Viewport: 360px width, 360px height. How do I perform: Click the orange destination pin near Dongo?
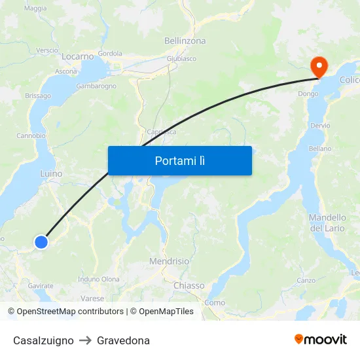pyautogui.click(x=319, y=66)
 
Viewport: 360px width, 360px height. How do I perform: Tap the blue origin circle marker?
pyautogui.click(x=41, y=242)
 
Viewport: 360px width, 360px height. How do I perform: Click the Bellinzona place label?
pyautogui.click(x=185, y=41)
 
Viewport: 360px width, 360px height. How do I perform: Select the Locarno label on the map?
pyautogui.click(x=78, y=56)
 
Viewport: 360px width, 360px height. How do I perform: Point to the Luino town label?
pyautogui.click(x=51, y=173)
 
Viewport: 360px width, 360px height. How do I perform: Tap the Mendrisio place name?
pyautogui.click(x=170, y=261)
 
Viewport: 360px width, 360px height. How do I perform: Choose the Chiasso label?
pyautogui.click(x=189, y=285)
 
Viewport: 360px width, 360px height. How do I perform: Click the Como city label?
pyautogui.click(x=215, y=302)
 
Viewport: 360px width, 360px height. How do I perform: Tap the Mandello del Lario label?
pyautogui.click(x=327, y=223)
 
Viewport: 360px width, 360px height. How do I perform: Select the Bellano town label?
pyautogui.click(x=320, y=149)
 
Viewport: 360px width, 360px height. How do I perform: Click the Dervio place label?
pyautogui.click(x=320, y=125)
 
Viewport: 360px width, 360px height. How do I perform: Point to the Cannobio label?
pyautogui.click(x=31, y=135)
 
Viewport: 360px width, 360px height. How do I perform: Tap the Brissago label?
pyautogui.click(x=38, y=96)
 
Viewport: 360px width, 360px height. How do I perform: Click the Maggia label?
pyautogui.click(x=35, y=9)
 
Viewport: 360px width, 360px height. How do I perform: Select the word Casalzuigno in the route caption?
pyautogui.click(x=43, y=340)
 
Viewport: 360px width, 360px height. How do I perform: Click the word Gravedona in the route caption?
pyautogui.click(x=123, y=340)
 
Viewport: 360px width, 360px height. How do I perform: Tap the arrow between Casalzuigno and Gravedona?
pyautogui.click(x=85, y=340)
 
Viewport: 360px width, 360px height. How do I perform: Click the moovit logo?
pyautogui.click(x=321, y=339)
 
